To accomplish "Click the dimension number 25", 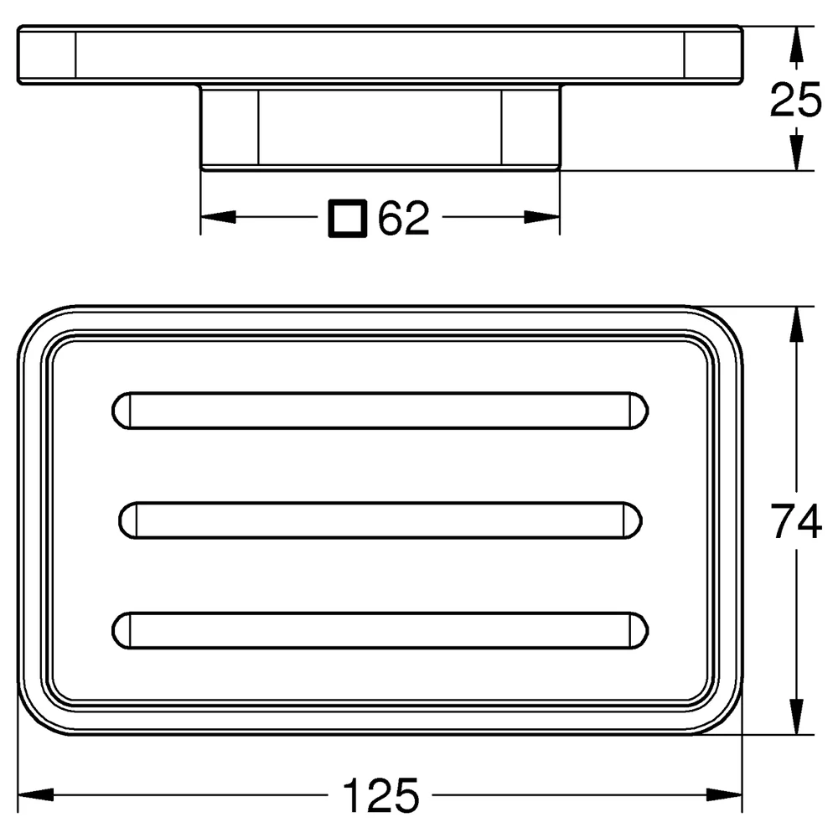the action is tap(795, 100).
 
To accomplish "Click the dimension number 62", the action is tap(404, 218).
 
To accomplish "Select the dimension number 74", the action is tap(796, 521).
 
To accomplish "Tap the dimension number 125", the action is tap(380, 795).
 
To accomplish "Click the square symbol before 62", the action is tap(348, 218).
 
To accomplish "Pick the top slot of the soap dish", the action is tap(380, 411).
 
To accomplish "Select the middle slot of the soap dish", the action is tap(380, 520).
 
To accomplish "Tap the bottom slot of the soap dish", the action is tap(380, 631).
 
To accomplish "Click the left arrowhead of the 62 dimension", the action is tap(218, 217).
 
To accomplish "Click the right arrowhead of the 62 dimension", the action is tap(542, 217).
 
